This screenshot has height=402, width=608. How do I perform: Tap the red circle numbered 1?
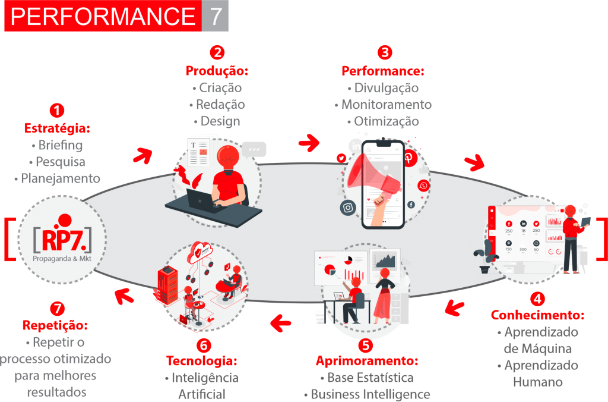pos(56,111)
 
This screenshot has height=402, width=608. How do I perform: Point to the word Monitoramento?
pos(387,105)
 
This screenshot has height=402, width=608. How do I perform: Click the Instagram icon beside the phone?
pos(348,208)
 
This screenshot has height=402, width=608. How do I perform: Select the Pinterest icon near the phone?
pos(409,158)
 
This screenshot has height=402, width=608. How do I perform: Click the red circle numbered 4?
pos(537,298)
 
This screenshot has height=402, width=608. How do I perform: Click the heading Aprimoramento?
pos(367,361)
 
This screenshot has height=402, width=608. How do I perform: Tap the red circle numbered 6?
pos(202,345)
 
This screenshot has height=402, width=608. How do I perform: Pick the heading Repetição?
pos(55,326)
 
